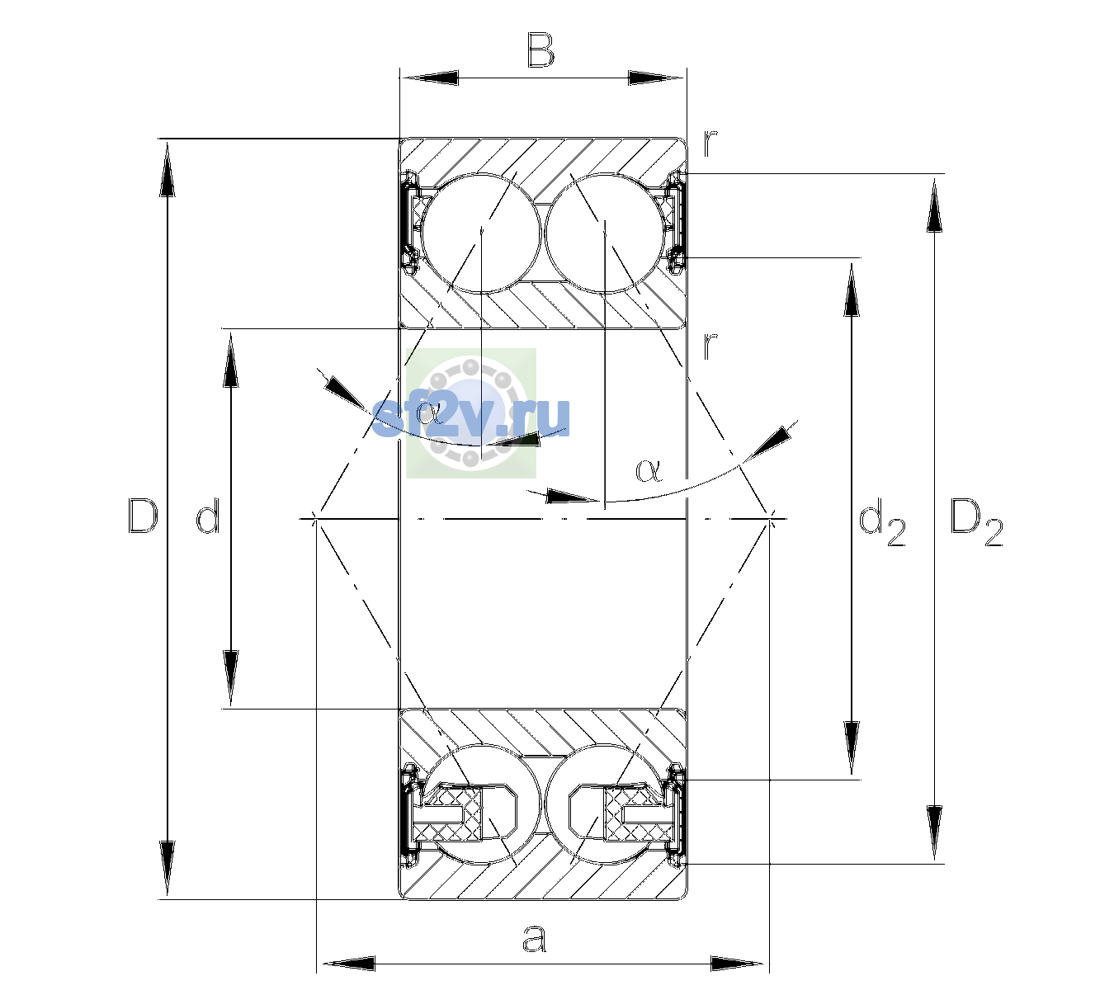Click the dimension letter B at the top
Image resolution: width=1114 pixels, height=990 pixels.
(x=540, y=50)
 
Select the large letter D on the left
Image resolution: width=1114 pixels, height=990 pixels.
(x=143, y=516)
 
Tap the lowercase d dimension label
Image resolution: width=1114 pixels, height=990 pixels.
(x=209, y=516)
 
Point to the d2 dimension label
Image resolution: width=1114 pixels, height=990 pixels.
(x=881, y=521)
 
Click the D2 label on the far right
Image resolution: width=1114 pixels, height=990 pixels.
(x=977, y=521)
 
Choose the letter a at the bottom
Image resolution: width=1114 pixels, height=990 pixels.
(x=534, y=938)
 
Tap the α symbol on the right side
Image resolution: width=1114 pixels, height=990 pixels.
(x=649, y=470)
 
